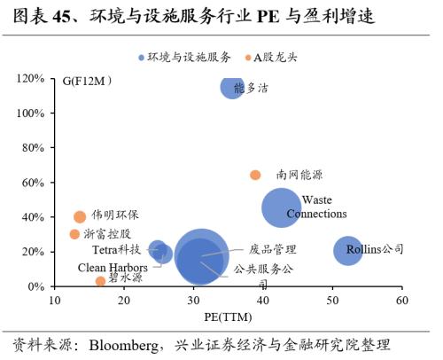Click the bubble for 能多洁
coord(232,87)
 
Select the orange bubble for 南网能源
coord(255,175)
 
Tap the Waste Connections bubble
coord(282,207)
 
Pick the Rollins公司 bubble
coord(347,250)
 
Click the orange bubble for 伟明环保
coord(80,216)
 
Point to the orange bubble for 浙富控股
coord(74,234)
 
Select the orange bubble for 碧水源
coord(100,281)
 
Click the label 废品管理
coord(272,249)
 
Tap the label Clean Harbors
coord(113,266)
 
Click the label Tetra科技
coord(116,250)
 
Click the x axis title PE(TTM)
coord(228,316)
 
